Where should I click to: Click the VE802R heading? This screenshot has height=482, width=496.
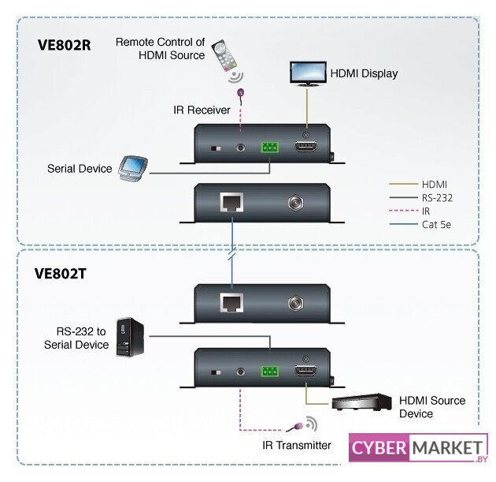(65, 45)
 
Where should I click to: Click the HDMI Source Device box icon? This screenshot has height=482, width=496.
(361, 402)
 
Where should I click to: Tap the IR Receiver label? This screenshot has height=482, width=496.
(202, 110)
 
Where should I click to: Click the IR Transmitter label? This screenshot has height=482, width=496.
(297, 446)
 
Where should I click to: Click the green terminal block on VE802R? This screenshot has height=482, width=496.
(270, 148)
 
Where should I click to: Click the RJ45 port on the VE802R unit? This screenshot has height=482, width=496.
(231, 202)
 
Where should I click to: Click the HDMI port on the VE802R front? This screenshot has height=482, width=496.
(305, 148)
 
